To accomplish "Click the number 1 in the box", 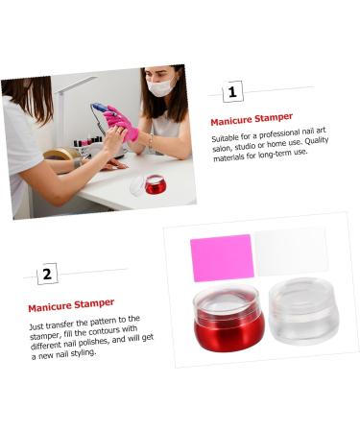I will click(232, 92).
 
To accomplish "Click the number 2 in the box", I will click(48, 275).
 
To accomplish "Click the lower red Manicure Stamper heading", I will click(70, 304).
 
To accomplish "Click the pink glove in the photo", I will click(122, 122).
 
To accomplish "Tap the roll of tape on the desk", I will click(60, 153).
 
